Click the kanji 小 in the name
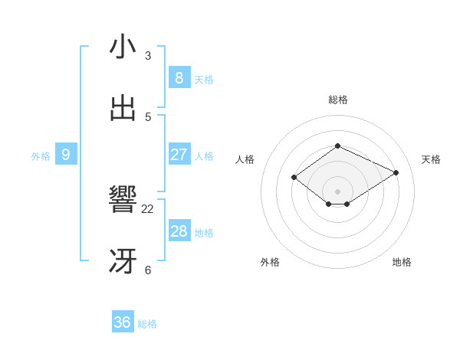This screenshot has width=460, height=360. click(x=123, y=47)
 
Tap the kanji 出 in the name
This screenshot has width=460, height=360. click(x=123, y=109)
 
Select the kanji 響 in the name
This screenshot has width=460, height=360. click(x=123, y=201)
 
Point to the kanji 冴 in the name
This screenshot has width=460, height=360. click(x=123, y=262)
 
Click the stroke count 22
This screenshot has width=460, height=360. click(x=148, y=208)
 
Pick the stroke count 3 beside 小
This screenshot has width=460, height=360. click(x=148, y=55)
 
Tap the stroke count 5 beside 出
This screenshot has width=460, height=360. click(x=148, y=116)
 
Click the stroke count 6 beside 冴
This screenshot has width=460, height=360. click(x=148, y=270)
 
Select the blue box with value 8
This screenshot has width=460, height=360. click(x=179, y=77)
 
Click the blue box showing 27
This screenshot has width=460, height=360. click(x=179, y=155)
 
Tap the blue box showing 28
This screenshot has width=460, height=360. click(x=179, y=231)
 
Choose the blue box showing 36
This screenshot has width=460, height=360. click(x=123, y=322)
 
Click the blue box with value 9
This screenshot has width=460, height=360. click(x=66, y=155)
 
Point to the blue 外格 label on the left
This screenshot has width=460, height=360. click(x=41, y=156)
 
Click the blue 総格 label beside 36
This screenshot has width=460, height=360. click(x=147, y=324)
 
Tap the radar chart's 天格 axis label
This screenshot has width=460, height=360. click(x=431, y=159)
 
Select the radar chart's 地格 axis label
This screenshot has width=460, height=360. click(x=402, y=262)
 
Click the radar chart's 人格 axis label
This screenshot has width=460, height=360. click(x=245, y=159)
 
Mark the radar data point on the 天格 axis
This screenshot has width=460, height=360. click(x=396, y=173)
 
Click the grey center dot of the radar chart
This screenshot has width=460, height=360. click(x=337, y=191)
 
